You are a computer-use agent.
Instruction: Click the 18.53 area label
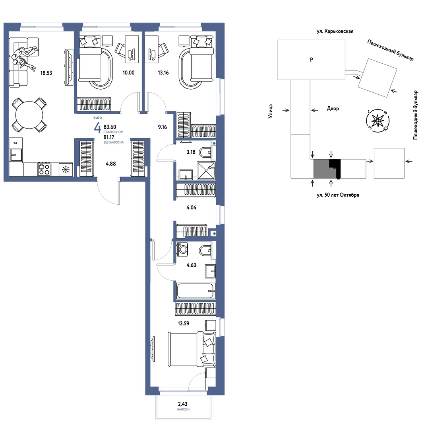[x=46, y=73]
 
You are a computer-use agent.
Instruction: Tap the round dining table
[x=29, y=115]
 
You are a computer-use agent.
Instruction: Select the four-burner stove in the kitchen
[x=44, y=169]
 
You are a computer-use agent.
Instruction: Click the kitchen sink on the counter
[x=16, y=154]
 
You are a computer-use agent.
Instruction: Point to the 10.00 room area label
[x=128, y=73]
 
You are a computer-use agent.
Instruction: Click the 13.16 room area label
[x=163, y=73]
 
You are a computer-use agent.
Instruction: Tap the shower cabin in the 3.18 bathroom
[x=206, y=170]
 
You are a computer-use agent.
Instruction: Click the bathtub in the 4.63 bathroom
[x=196, y=291]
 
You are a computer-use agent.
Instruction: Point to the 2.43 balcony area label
[x=183, y=404]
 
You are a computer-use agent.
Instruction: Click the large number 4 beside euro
[x=97, y=128]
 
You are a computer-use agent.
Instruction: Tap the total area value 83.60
[x=110, y=127]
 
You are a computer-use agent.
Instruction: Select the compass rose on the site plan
[x=378, y=120]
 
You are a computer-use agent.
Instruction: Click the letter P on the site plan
[x=311, y=59]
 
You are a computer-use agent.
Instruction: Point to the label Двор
[x=333, y=109]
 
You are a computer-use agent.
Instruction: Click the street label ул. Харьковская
[x=335, y=31]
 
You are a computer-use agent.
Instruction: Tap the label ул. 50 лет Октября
[x=338, y=195]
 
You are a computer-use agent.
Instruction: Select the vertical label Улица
[x=271, y=111]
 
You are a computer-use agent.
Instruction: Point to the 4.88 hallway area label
[x=110, y=164]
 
